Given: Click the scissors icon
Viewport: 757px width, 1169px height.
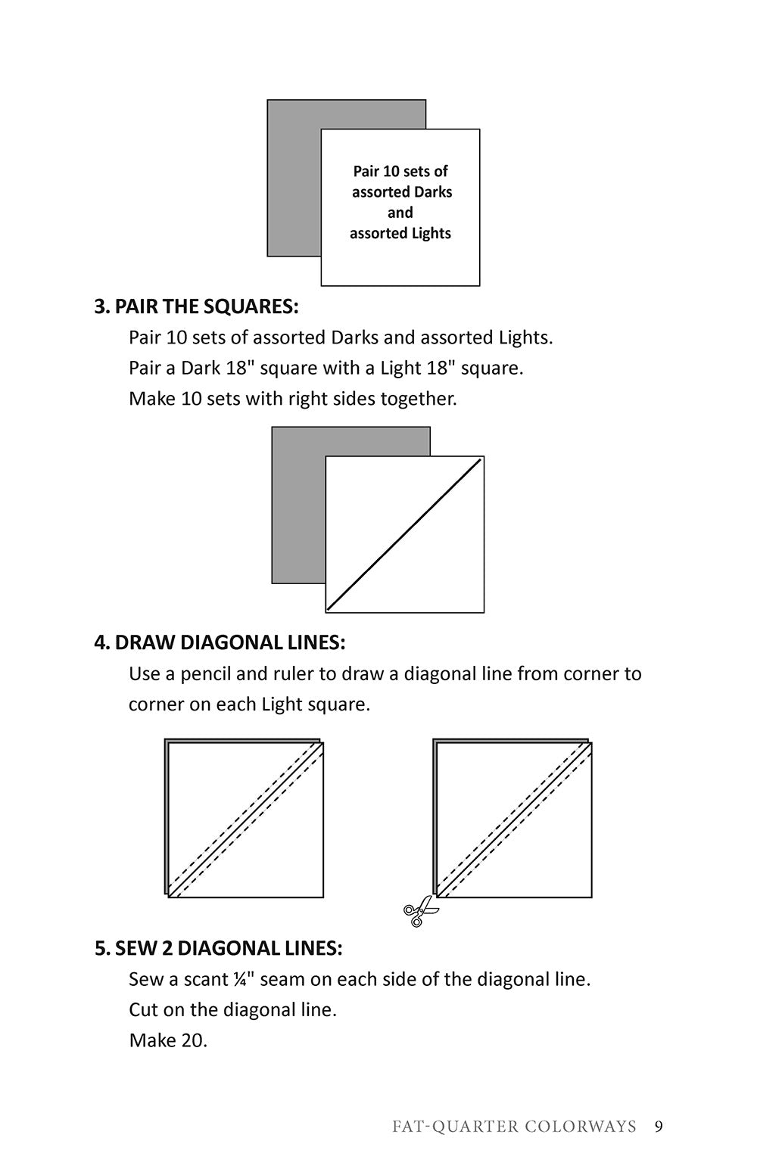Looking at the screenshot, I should pyautogui.click(x=419, y=912).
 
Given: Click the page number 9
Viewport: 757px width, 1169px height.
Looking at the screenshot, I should pyautogui.click(x=659, y=1127).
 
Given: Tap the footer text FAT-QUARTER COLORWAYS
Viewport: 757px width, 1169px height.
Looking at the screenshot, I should pyautogui.click(x=514, y=1127).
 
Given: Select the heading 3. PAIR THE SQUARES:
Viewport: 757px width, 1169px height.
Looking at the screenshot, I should pyautogui.click(x=196, y=306).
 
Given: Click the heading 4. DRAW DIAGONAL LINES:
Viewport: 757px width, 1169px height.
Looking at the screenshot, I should pyautogui.click(x=220, y=642).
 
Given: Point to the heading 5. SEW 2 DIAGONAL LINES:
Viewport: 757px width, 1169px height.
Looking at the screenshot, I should pyautogui.click(x=218, y=948).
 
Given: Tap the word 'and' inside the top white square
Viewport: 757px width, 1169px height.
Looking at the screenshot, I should pyautogui.click(x=400, y=213).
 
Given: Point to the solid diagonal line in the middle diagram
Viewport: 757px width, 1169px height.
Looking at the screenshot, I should pyautogui.click(x=404, y=534).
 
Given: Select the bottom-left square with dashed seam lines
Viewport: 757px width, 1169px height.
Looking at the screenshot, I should pyautogui.click(x=245, y=820).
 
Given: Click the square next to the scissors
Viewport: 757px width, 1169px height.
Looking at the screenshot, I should pyautogui.click(x=514, y=820).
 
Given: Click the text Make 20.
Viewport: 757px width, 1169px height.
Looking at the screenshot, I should pyautogui.click(x=168, y=1040).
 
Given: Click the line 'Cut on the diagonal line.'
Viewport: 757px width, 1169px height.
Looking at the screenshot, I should pyautogui.click(x=232, y=1009).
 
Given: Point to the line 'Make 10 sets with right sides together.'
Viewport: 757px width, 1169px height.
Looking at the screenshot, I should pyautogui.click(x=293, y=398).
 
